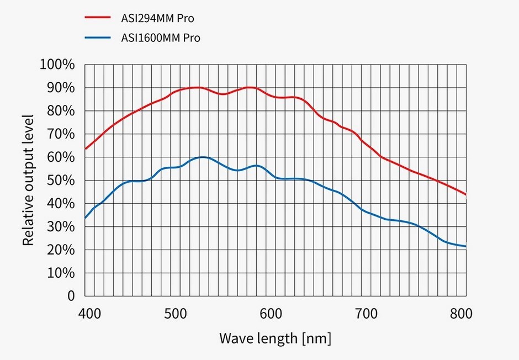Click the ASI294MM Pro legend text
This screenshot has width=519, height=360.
(x=158, y=18)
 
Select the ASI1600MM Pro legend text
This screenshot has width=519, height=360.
(x=161, y=38)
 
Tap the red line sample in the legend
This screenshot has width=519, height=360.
(x=99, y=17)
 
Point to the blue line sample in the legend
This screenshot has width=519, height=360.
(x=99, y=38)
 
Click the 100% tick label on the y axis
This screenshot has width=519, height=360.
(x=57, y=65)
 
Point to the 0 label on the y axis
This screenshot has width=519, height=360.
(x=71, y=296)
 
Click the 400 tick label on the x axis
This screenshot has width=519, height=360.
(x=89, y=314)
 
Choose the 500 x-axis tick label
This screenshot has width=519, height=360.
(x=175, y=314)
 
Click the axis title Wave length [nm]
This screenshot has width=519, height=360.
(x=275, y=337)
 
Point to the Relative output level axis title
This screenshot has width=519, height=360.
(x=28, y=180)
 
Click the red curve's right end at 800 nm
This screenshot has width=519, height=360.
(x=466, y=194)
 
